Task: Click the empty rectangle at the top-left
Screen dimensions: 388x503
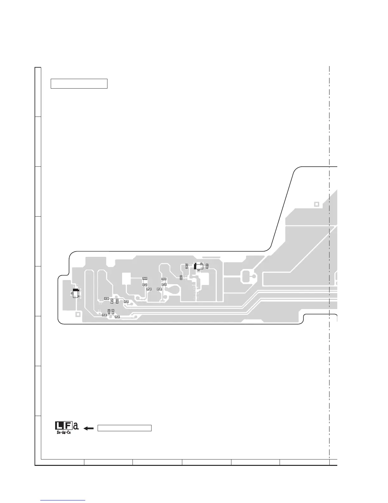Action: (x=79, y=84)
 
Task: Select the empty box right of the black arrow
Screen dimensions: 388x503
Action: (x=124, y=428)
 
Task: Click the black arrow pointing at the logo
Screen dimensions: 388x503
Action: (x=88, y=428)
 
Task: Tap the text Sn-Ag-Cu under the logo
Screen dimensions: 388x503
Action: (x=63, y=433)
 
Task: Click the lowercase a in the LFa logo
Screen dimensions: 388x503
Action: (x=76, y=426)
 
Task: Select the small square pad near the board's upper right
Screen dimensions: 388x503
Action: (x=316, y=204)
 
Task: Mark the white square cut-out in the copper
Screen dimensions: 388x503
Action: (x=126, y=278)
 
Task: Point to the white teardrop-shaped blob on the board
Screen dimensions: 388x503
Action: (x=172, y=289)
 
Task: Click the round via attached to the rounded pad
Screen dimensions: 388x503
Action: (x=254, y=276)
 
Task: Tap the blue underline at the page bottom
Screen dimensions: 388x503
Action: (x=63, y=501)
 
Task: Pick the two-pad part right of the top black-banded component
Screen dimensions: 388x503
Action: (x=207, y=265)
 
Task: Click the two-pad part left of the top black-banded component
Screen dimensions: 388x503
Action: (x=187, y=265)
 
